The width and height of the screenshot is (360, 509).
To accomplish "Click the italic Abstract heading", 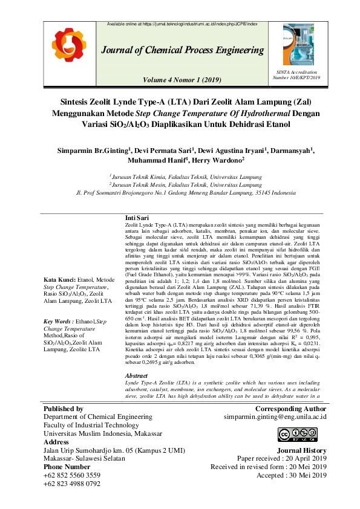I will pos(136,376).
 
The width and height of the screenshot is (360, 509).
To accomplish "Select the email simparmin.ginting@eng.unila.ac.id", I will pos(275,417).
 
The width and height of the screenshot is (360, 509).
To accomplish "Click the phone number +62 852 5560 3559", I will pos(72,476).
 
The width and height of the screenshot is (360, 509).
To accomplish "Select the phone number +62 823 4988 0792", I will pos(72,484).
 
